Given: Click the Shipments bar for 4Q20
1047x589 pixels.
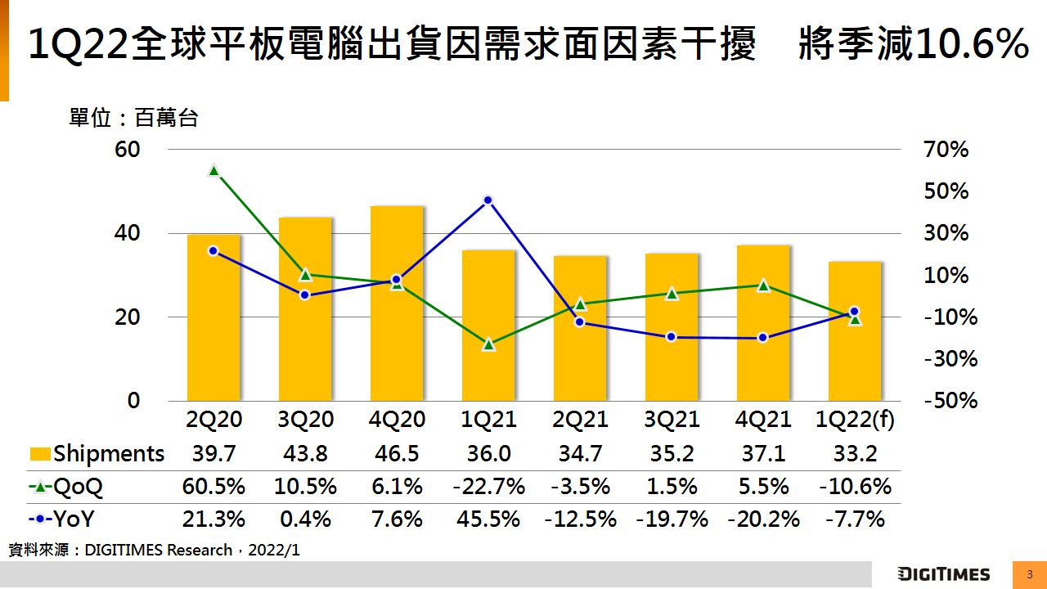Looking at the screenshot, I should (x=397, y=303).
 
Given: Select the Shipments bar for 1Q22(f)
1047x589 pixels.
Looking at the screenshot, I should (x=855, y=330).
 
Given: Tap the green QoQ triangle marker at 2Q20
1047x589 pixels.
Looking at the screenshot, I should (x=213, y=170).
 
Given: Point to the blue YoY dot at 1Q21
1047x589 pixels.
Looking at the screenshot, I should (x=488, y=200).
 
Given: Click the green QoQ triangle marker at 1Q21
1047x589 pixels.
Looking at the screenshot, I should (x=488, y=344).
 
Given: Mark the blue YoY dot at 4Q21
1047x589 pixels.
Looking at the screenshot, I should (x=763, y=337).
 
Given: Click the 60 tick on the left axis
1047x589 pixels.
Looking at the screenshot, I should (x=128, y=150).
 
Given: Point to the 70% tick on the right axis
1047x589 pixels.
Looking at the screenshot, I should (x=946, y=150).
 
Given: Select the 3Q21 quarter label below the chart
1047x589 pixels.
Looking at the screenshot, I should (x=672, y=420).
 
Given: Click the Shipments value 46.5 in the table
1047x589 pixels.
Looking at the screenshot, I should (x=397, y=453).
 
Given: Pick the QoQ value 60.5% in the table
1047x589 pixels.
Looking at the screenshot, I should (x=213, y=487).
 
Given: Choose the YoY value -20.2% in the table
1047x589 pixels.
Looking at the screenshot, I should (x=763, y=519).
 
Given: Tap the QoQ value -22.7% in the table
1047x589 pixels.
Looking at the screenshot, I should (x=488, y=487).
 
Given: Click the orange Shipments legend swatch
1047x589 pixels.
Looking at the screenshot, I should (x=39, y=454).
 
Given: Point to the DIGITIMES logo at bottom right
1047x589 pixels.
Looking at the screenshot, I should (x=943, y=574).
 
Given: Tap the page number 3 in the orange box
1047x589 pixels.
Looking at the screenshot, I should (x=1030, y=574).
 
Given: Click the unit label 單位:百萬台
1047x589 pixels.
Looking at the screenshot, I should (x=133, y=119).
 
